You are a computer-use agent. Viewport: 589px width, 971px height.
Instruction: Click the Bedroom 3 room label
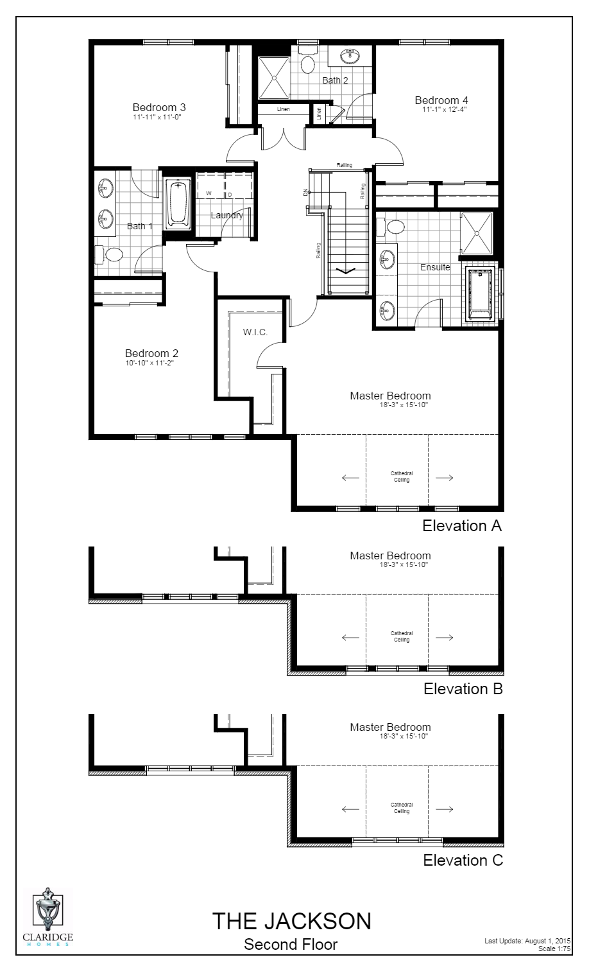(x=159, y=107)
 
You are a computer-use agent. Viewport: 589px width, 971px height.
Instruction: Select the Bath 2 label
(x=335, y=80)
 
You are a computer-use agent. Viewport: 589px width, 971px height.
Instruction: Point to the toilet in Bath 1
(x=111, y=254)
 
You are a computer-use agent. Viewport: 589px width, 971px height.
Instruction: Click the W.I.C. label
(x=255, y=332)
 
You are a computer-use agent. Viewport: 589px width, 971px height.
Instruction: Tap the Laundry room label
(x=227, y=215)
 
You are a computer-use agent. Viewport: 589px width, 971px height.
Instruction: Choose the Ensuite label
(x=435, y=267)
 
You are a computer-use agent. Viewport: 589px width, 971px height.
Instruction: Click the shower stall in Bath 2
(x=274, y=78)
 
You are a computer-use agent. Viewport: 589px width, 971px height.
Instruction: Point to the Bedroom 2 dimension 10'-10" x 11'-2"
(x=150, y=363)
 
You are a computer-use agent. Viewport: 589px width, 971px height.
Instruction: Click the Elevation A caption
(x=461, y=526)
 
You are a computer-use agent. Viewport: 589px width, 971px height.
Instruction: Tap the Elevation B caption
(x=463, y=689)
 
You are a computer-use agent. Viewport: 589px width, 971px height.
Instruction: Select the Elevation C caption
(x=463, y=861)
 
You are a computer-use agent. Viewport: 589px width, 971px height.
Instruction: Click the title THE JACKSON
(x=291, y=922)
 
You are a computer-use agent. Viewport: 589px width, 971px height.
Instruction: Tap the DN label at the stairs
(x=304, y=191)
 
